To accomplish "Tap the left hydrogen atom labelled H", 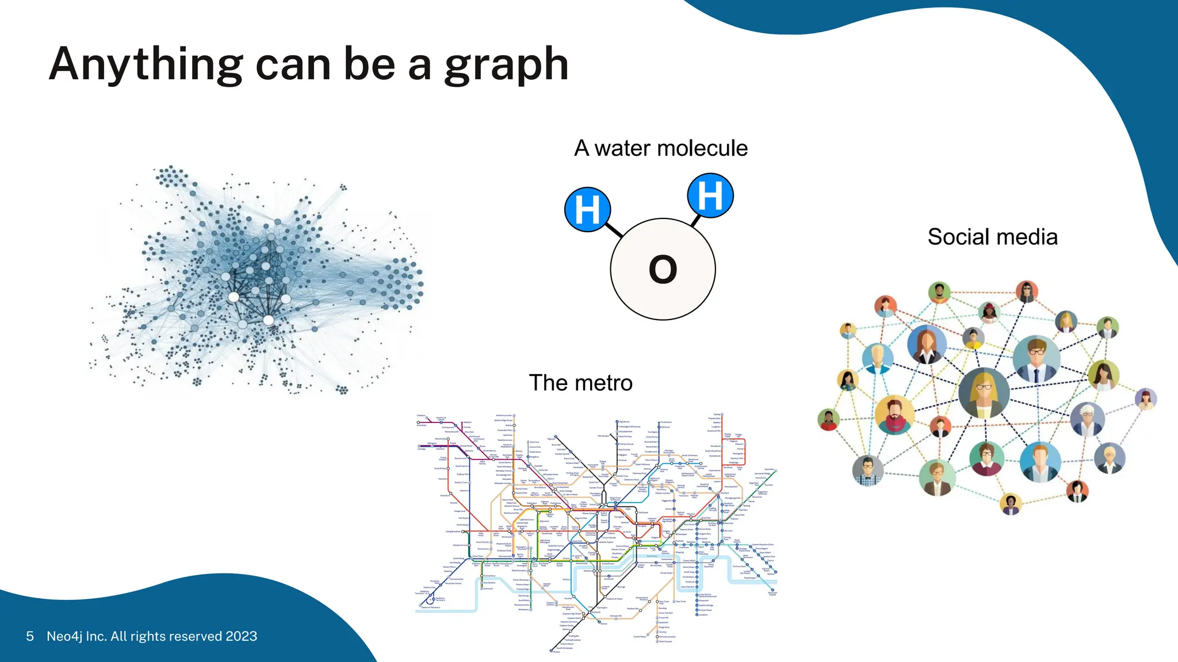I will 587,209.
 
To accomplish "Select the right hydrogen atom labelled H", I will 710,195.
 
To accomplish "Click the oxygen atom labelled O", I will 663,269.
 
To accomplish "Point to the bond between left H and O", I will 614,230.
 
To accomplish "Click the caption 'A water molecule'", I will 661,148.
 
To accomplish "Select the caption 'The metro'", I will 580,383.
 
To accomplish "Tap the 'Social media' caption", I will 992,237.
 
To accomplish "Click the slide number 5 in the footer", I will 30,636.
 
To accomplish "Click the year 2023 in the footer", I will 241,636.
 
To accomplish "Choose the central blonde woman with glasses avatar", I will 984,392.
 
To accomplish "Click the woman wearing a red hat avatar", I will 989,312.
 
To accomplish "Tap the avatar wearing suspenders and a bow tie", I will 868,471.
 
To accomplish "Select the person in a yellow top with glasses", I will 973,339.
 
